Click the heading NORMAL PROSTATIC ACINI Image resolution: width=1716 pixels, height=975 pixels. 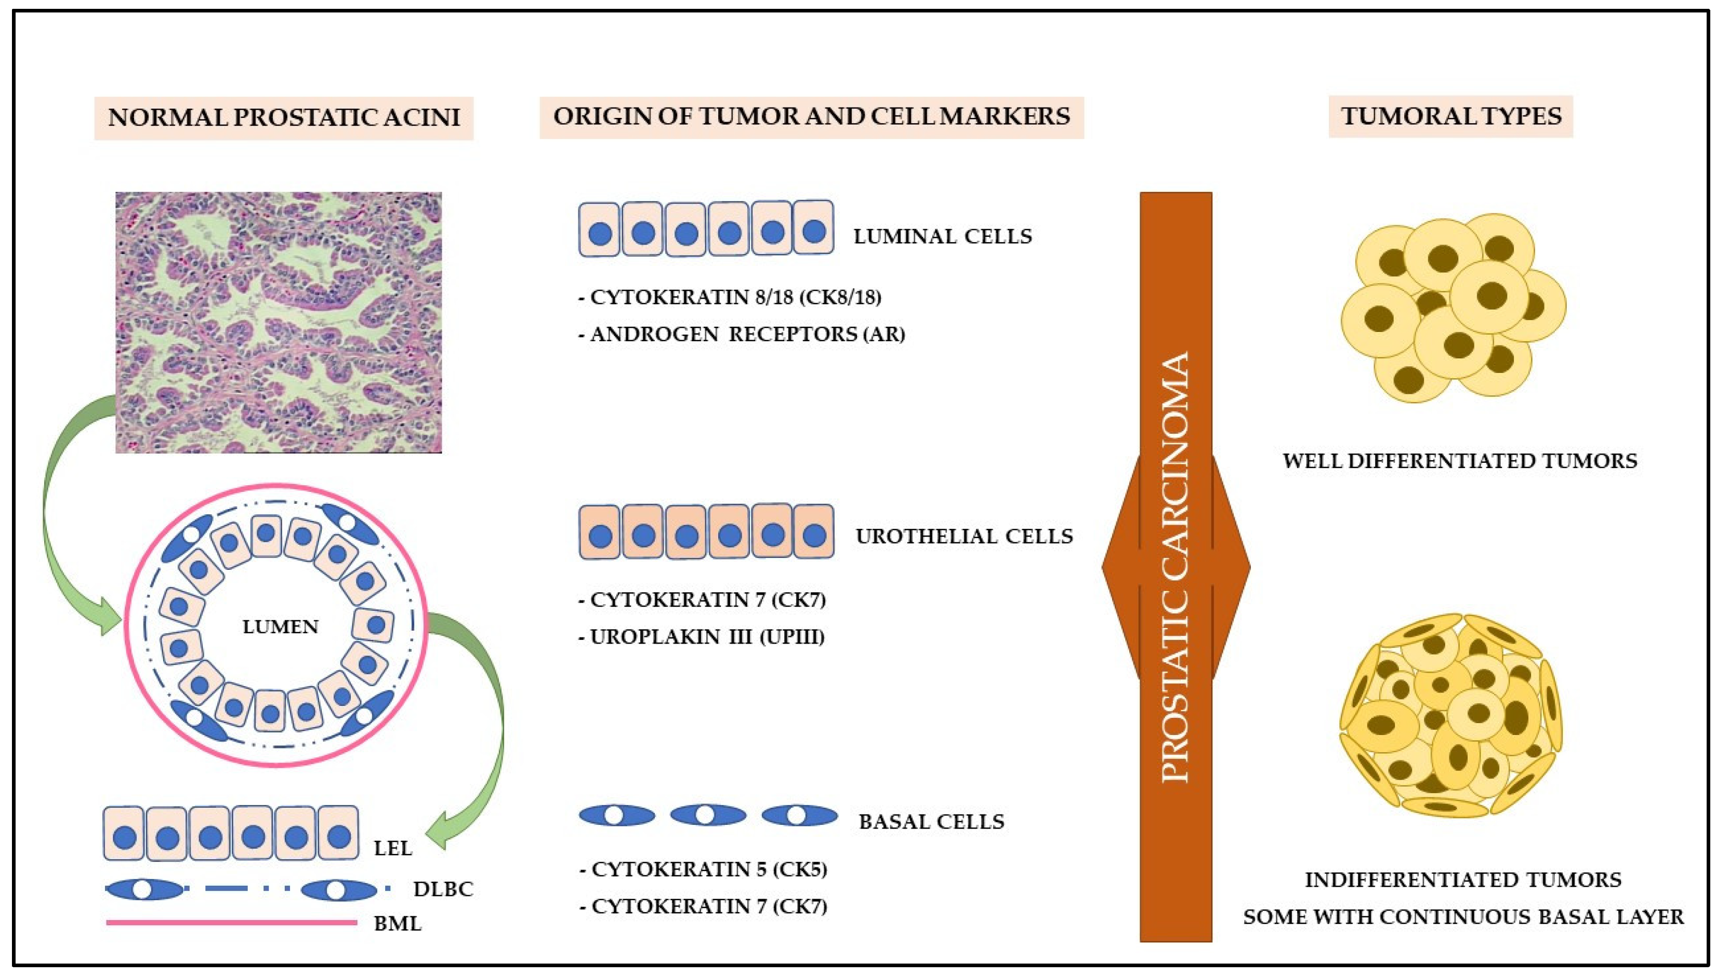coord(283,118)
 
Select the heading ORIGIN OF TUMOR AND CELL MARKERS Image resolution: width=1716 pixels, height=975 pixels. coord(811,116)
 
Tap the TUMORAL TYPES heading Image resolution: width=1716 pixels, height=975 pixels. coord(1451,116)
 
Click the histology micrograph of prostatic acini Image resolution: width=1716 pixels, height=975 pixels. coord(278,322)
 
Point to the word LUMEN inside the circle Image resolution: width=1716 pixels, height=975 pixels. coord(280,627)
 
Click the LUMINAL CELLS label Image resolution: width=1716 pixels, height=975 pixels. coord(942,236)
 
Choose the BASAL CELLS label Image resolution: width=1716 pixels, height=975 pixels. coord(931,822)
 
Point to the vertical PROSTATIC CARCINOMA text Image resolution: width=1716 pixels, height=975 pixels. coord(1176,567)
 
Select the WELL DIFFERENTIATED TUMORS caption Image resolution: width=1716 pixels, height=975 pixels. coord(1459,461)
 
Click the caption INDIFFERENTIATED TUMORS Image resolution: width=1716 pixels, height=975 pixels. coord(1463,879)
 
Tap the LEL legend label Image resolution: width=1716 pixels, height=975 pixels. coord(393,848)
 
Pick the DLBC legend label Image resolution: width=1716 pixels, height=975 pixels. coord(443,889)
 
